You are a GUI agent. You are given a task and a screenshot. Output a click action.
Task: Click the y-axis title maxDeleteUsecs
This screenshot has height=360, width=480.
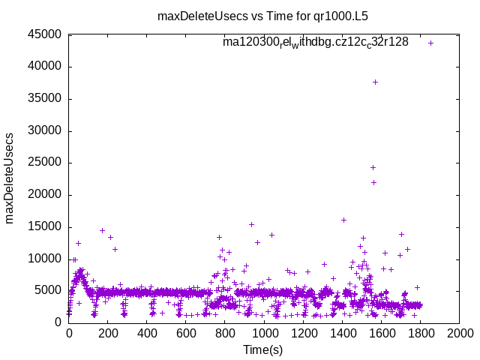point(10,178)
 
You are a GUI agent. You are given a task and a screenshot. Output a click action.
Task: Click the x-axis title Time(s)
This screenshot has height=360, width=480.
point(263,349)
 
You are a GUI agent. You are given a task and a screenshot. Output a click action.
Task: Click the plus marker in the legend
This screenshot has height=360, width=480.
point(430,43)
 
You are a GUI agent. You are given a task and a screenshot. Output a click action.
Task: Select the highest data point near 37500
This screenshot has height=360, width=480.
point(375,82)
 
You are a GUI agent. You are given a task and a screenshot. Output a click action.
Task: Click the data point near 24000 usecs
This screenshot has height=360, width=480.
point(373,167)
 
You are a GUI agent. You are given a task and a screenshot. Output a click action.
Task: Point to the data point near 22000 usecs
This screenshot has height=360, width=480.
point(373,182)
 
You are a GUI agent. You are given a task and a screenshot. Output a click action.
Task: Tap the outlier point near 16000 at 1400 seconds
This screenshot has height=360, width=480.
point(343,220)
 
